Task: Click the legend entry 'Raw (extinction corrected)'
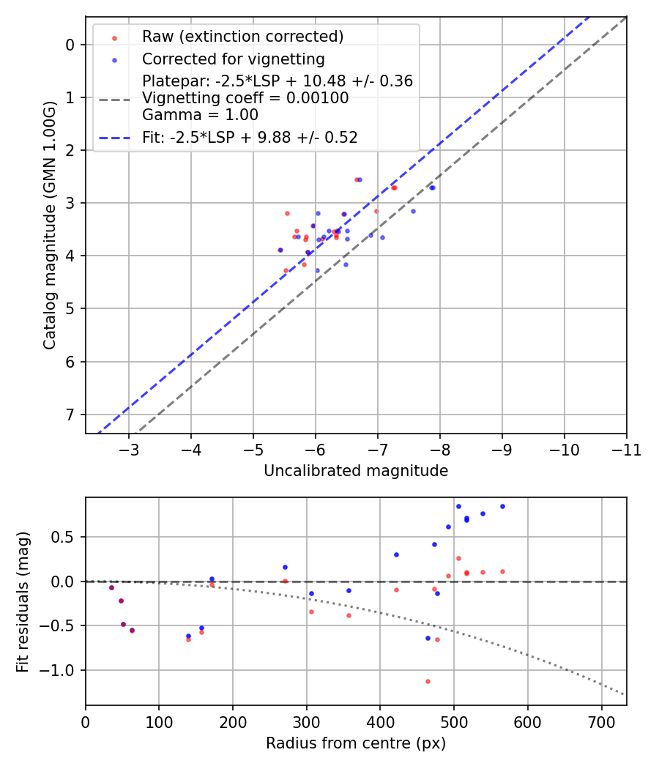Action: [242, 37]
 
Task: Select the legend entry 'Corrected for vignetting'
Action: [233, 59]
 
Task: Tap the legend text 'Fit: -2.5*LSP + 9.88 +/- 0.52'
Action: [250, 137]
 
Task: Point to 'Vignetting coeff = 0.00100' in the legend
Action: [245, 98]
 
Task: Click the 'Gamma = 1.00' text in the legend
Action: [200, 115]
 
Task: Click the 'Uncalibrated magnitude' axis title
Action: [356, 471]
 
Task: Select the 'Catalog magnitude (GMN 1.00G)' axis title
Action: [49, 226]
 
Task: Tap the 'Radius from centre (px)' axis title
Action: [356, 743]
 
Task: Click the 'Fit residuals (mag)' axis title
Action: [23, 601]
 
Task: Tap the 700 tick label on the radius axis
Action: [601, 721]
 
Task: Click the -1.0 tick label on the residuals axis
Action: [61, 670]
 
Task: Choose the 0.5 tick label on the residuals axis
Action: [66, 537]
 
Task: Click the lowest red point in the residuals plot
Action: [428, 681]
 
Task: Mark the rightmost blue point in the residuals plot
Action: [502, 506]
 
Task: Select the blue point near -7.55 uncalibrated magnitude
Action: [413, 211]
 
